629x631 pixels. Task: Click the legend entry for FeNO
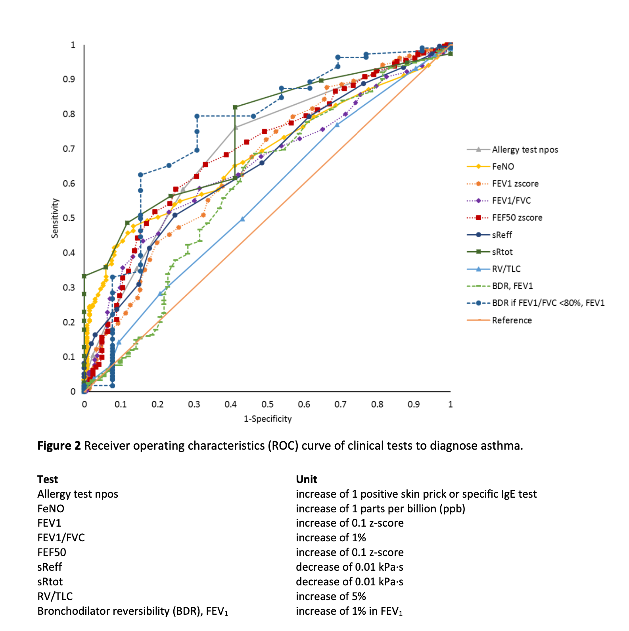coord(503,167)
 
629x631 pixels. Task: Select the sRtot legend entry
coord(502,252)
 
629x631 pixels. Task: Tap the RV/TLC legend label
coord(506,269)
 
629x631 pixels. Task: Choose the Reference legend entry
coord(512,320)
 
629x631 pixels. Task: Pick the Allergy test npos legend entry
coord(525,150)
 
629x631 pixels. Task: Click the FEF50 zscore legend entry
coord(517,218)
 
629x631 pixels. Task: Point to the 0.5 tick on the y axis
coord(69,218)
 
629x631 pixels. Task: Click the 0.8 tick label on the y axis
coord(69,114)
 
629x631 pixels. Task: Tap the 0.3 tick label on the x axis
coord(194,404)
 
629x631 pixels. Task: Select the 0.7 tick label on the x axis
coord(340,404)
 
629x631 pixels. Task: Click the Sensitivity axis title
coord(55,218)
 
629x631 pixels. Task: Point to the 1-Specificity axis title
coord(268,419)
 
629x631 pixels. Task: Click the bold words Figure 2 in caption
coord(59,446)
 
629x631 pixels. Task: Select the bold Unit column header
coord(306,479)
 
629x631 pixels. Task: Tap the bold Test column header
coord(48,479)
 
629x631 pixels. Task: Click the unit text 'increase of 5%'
coord(331,596)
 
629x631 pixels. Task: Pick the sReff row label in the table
coord(50,567)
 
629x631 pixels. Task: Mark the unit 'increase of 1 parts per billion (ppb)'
coord(380,508)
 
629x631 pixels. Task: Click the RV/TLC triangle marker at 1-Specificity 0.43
coord(242,219)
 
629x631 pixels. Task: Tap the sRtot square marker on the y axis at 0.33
coord(84,276)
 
